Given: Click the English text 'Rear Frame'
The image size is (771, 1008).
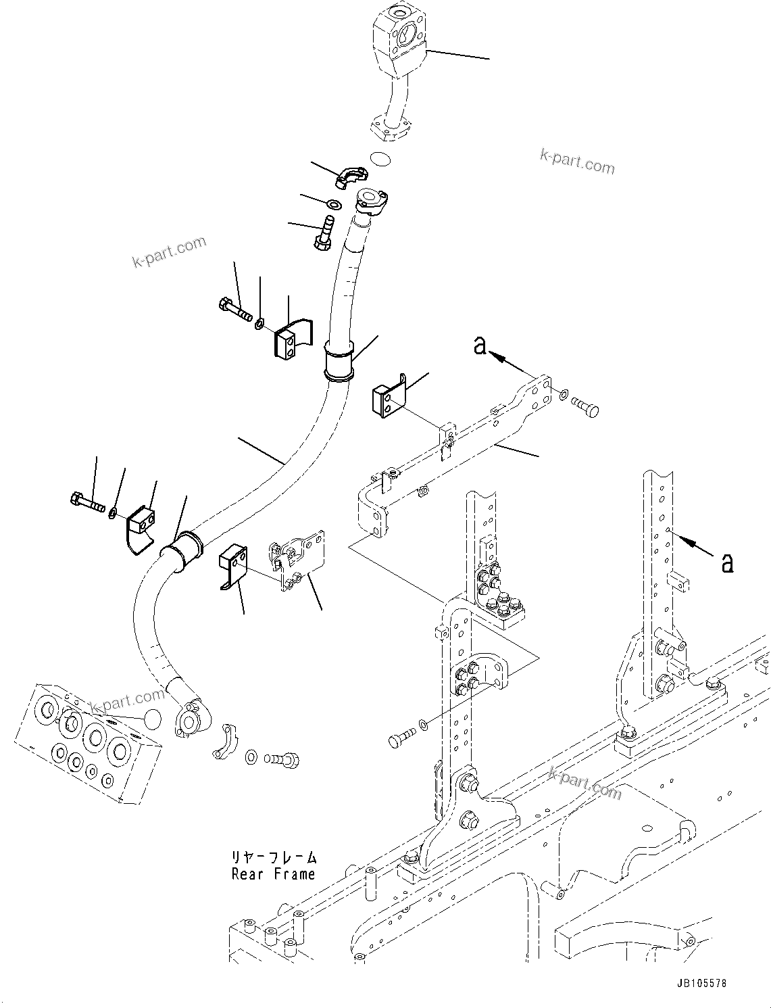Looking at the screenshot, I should click(273, 874).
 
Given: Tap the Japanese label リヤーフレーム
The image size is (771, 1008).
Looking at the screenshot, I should click(273, 857).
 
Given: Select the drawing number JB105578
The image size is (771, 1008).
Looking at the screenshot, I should click(700, 983).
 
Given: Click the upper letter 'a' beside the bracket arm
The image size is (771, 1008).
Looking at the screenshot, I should click(480, 345).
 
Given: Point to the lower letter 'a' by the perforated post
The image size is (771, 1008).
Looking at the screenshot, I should click(727, 562).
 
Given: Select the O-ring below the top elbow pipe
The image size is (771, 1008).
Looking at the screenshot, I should click(381, 160).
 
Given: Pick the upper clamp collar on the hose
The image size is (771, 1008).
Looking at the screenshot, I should click(339, 361).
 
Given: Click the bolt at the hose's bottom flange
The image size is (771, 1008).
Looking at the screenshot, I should click(284, 760).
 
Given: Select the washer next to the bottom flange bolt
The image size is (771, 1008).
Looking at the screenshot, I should click(251, 756).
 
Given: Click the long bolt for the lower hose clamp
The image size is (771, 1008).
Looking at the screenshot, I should click(86, 502).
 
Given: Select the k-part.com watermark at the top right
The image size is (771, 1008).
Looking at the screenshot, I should click(577, 162).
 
